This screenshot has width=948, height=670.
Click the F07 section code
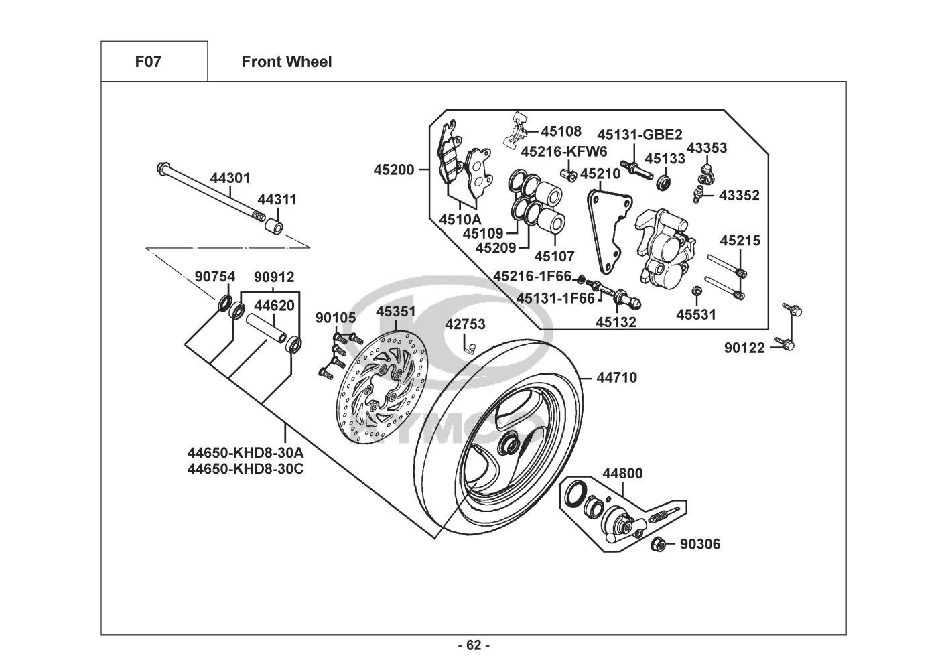click(148, 62)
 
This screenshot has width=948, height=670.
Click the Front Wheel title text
click(286, 62)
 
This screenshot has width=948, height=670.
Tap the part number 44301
click(230, 178)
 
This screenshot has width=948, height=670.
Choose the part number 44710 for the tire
click(616, 378)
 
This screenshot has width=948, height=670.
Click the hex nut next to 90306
click(658, 545)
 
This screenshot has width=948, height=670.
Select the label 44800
click(622, 474)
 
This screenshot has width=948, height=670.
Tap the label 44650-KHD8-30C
click(246, 469)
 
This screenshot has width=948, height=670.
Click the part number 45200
click(394, 170)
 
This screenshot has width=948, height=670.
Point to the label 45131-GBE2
click(639, 134)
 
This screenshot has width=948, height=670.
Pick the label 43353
click(707, 148)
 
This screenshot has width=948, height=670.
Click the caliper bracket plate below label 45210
click(607, 228)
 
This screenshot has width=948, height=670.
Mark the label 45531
click(695, 314)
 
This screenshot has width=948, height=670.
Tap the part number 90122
click(744, 348)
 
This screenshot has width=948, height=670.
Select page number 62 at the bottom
click(474, 646)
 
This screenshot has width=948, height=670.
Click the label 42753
click(465, 324)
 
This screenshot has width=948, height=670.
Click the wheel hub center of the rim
click(508, 443)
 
